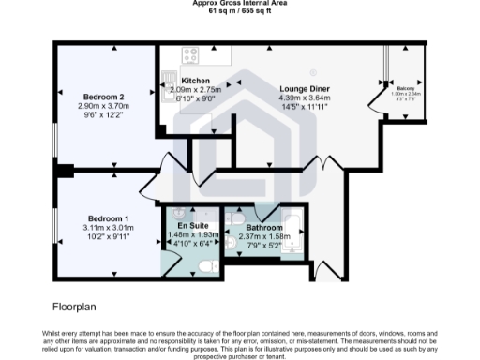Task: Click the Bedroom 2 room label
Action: click(103, 97)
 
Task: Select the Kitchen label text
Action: click(195, 81)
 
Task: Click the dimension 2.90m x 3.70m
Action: click(103, 106)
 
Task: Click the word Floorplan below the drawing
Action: click(74, 306)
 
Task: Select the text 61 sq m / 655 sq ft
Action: click(239, 11)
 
